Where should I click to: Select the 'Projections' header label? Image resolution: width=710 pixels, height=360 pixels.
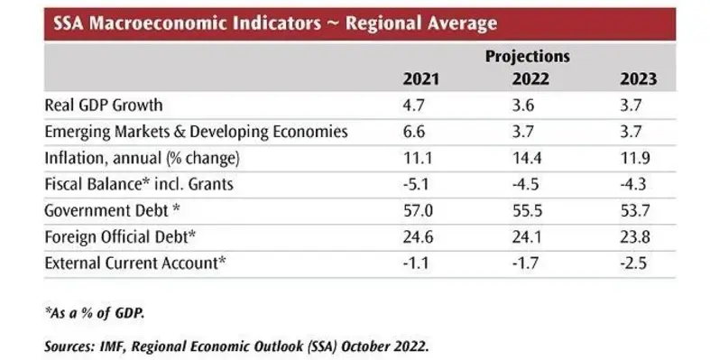(x=528, y=56)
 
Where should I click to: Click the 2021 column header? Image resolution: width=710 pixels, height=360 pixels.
(x=420, y=79)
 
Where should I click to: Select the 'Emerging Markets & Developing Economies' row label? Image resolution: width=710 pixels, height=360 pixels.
(x=196, y=132)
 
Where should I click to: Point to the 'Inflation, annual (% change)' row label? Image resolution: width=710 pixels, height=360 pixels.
(x=142, y=158)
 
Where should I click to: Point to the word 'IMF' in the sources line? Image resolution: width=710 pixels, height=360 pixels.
(x=117, y=344)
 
